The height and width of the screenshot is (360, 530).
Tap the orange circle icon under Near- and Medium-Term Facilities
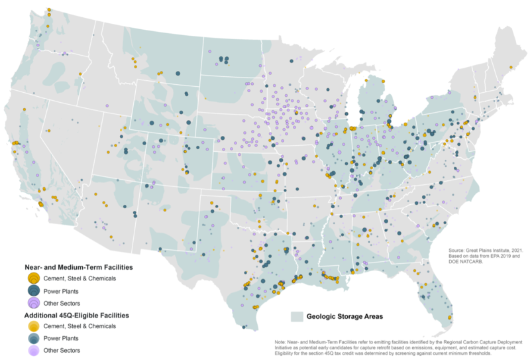click(x=32, y=278)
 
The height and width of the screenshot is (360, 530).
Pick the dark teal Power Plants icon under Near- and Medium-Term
click(x=32, y=290)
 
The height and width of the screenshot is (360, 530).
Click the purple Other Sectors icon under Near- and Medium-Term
click(x=32, y=302)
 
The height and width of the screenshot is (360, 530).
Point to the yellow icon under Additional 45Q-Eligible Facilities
click(x=32, y=326)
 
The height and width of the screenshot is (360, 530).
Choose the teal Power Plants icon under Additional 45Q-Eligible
click(x=32, y=338)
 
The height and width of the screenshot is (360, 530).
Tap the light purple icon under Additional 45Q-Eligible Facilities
click(x=32, y=349)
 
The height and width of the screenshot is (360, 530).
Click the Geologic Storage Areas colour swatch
click(x=298, y=316)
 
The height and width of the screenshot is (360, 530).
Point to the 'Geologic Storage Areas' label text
click(x=345, y=316)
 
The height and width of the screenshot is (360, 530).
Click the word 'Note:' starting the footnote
click(x=282, y=342)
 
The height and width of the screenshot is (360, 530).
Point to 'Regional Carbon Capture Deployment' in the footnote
click(x=468, y=342)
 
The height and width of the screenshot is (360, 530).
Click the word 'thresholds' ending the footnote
click(x=505, y=354)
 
